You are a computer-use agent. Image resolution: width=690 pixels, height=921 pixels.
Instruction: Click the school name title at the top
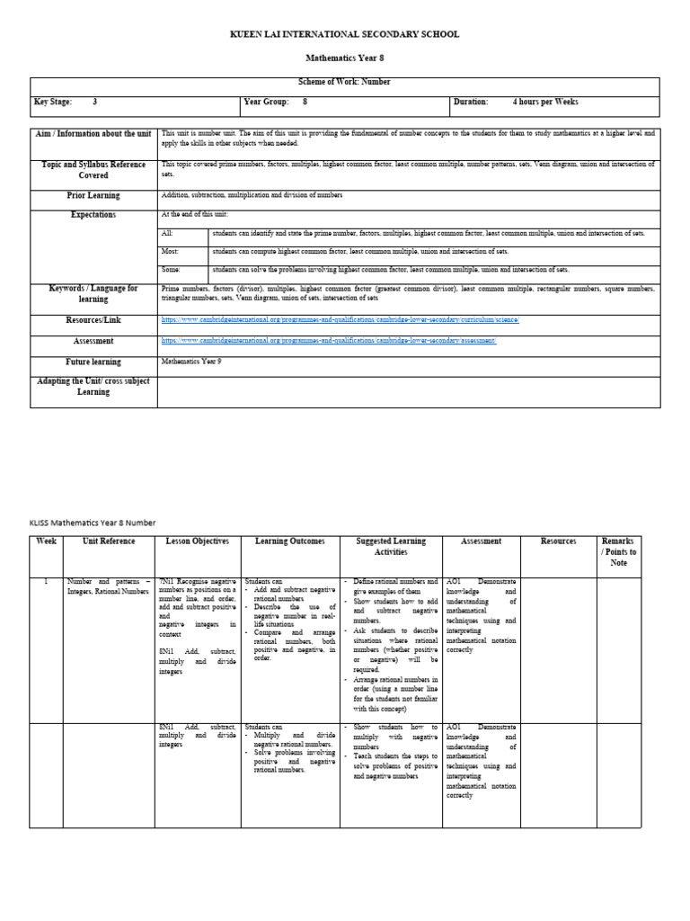(344, 34)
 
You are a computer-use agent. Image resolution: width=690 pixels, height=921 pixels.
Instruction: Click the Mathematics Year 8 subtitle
(344, 58)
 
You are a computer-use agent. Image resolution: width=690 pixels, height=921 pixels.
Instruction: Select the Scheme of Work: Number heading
(344, 82)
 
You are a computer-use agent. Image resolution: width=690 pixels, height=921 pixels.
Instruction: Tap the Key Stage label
(53, 103)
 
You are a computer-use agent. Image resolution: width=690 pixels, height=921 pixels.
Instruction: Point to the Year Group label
(266, 103)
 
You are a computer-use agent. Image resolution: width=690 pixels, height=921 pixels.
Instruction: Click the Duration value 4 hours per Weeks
(544, 103)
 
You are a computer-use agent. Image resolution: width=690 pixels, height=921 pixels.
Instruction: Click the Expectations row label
(93, 215)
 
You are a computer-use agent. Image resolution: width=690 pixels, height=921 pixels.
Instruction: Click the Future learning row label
(93, 362)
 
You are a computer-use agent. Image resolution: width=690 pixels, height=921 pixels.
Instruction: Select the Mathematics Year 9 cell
(190, 361)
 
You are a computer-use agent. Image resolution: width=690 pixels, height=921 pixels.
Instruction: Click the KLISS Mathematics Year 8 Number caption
(93, 523)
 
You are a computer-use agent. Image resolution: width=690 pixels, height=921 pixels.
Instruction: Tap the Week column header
(46, 541)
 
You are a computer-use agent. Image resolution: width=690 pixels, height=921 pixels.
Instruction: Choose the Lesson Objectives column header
(198, 541)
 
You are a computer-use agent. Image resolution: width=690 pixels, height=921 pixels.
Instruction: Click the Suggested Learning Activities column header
(391, 546)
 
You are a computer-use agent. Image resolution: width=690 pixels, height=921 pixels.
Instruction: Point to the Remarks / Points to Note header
(619, 551)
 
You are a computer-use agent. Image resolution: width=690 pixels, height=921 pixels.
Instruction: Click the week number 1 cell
(46, 582)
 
